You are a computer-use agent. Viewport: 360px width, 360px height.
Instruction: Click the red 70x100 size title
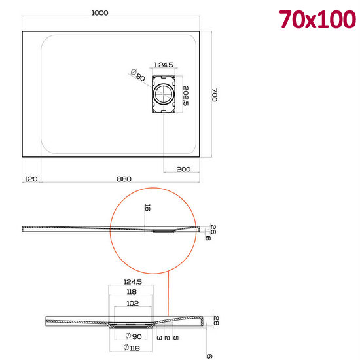click(x=317, y=20)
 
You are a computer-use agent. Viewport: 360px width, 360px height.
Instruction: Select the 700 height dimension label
click(x=213, y=94)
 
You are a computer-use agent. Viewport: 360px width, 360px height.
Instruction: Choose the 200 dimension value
click(x=184, y=170)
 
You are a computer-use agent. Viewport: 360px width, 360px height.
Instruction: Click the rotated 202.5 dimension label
click(x=186, y=96)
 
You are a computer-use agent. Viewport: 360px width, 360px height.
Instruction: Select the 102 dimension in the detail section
click(x=133, y=303)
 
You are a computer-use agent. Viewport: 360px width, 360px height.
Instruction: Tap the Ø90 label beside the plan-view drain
click(x=137, y=75)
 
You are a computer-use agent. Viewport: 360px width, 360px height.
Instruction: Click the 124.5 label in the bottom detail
click(x=133, y=282)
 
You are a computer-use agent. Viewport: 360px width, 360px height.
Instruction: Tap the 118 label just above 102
click(x=133, y=293)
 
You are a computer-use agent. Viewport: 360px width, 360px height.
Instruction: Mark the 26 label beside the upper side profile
click(x=212, y=229)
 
